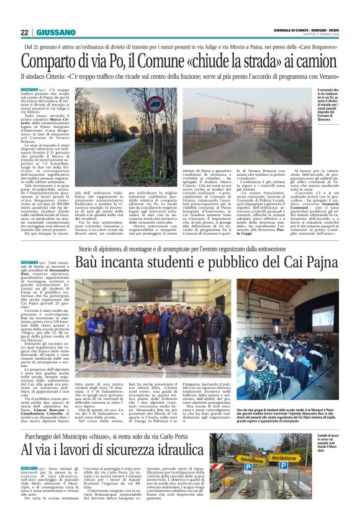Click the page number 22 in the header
(25, 32)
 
